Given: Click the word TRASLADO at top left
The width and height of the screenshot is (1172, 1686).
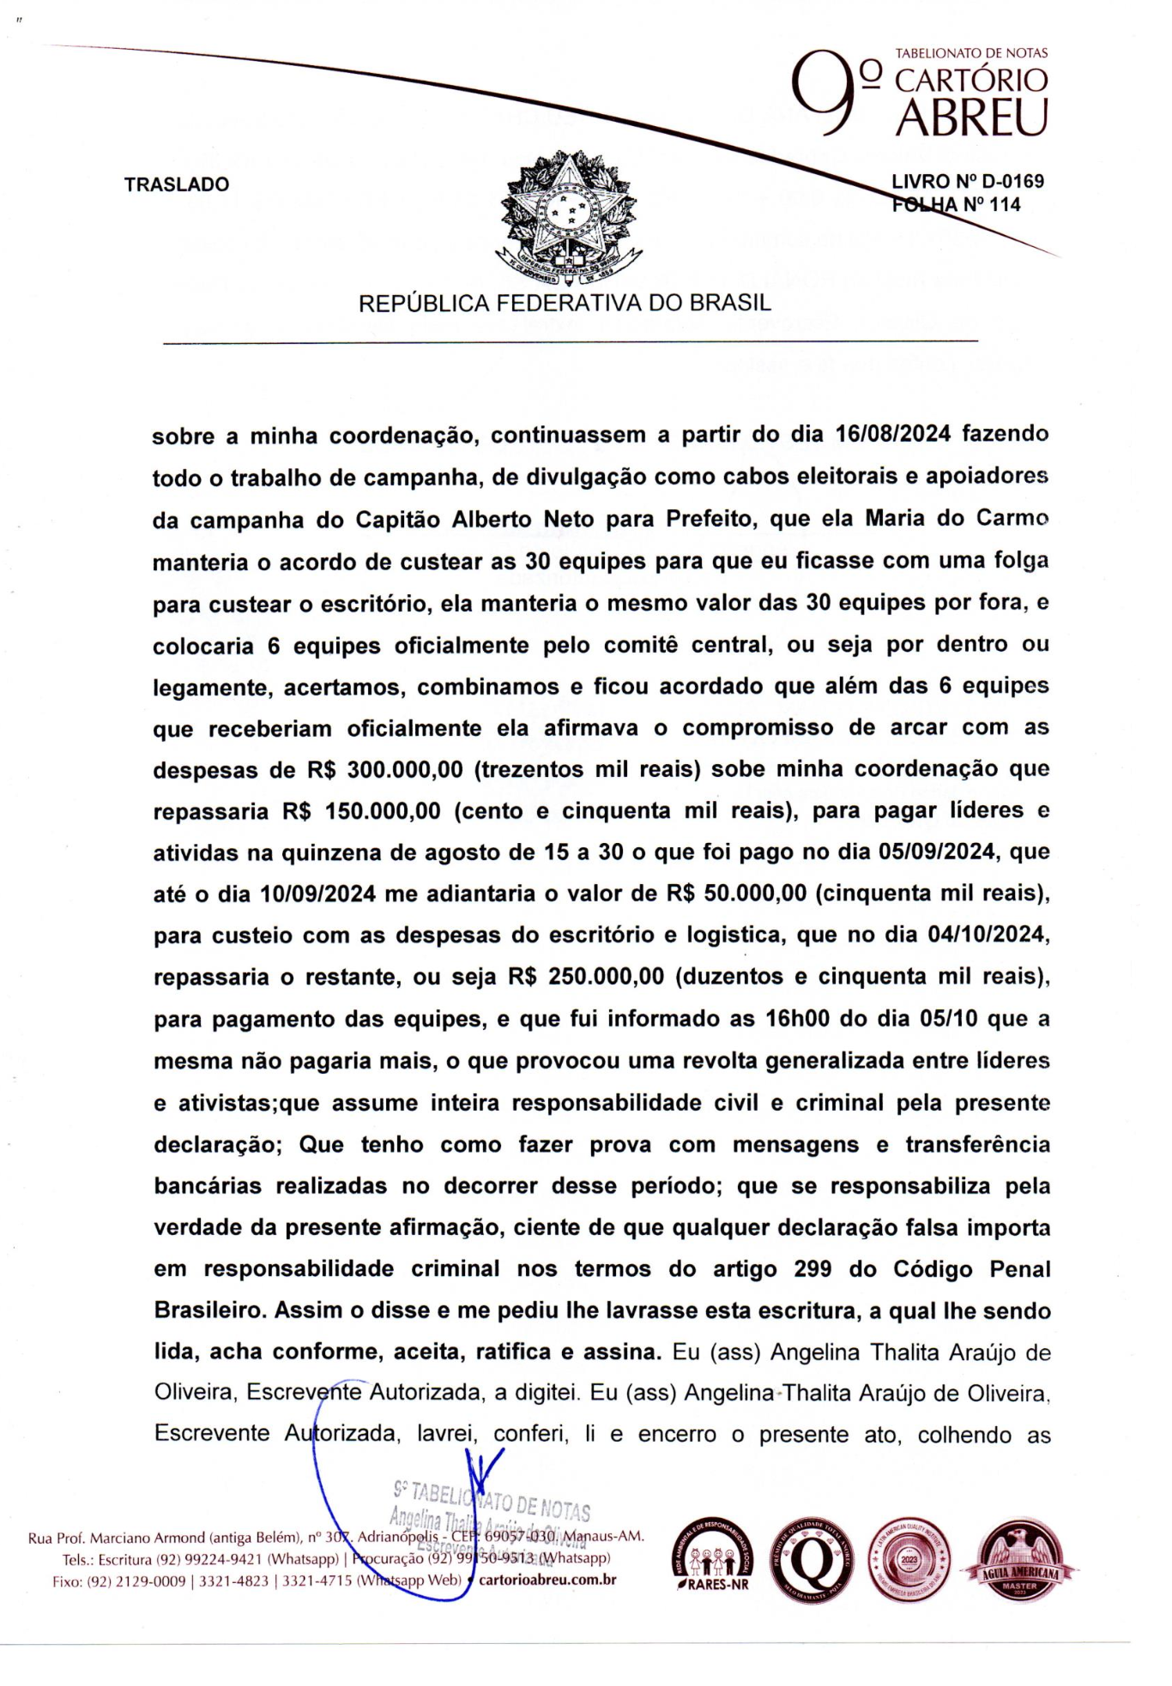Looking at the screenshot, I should (x=177, y=184).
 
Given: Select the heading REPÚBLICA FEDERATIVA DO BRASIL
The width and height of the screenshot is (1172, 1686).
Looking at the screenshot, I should (x=565, y=303).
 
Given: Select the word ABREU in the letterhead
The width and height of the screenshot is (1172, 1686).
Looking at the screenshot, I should (x=971, y=118).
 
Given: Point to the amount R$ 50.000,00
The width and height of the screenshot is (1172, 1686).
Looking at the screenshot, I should (x=736, y=894).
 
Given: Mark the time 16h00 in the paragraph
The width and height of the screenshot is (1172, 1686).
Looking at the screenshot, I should (x=796, y=1020).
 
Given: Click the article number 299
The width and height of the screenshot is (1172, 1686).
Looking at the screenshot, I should (x=813, y=1269).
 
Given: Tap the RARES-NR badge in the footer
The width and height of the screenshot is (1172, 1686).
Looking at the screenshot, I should (x=710, y=1560).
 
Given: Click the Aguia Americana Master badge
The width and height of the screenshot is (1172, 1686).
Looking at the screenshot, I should (x=1020, y=1558).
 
